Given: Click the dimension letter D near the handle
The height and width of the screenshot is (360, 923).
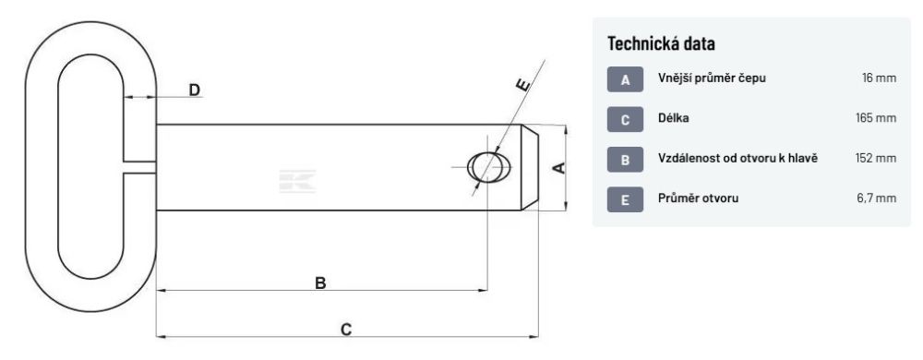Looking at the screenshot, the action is coord(194,90).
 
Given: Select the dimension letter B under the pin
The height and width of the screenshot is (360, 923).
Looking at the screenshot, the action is coord(320,283).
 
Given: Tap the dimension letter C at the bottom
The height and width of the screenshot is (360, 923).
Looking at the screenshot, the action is coord(346,330).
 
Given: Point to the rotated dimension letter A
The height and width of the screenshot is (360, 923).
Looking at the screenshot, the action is coord(560,168).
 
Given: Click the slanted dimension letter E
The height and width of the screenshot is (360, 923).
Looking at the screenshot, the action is coord(521,85).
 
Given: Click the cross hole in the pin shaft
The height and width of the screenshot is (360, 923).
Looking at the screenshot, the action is coord(489,167).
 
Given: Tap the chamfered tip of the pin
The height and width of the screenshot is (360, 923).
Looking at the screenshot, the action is coord(530,167).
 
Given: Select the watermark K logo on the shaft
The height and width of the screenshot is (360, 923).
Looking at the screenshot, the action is coord(297,181).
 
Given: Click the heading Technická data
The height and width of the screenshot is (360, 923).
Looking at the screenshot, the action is coord(661,43).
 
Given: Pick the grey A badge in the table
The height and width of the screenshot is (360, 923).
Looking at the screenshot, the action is coord(625,79).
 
